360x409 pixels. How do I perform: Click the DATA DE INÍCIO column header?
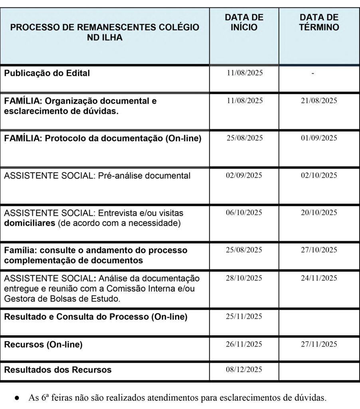[244, 23]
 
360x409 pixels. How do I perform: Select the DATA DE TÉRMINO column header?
[319, 23]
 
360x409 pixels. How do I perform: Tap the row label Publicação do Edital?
[47, 73]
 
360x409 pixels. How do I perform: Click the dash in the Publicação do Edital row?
[313, 73]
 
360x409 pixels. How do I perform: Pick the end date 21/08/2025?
[319, 101]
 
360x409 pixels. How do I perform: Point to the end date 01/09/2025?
[319, 138]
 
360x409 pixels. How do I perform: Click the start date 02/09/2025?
[244, 175]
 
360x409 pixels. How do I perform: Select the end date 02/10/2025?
[319, 175]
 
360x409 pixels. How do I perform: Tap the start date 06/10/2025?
[244, 212]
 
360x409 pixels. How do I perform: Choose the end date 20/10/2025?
[319, 212]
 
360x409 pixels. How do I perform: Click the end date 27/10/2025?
[319, 250]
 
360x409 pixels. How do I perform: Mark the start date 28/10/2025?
[244, 278]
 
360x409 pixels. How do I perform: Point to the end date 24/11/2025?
[319, 278]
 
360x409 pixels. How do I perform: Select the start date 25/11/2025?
[244, 316]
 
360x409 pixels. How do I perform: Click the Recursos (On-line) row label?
[43, 344]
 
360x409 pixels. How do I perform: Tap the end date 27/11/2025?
[319, 344]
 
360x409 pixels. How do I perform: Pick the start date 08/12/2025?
[244, 369]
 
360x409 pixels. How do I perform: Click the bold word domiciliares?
[30, 223]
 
